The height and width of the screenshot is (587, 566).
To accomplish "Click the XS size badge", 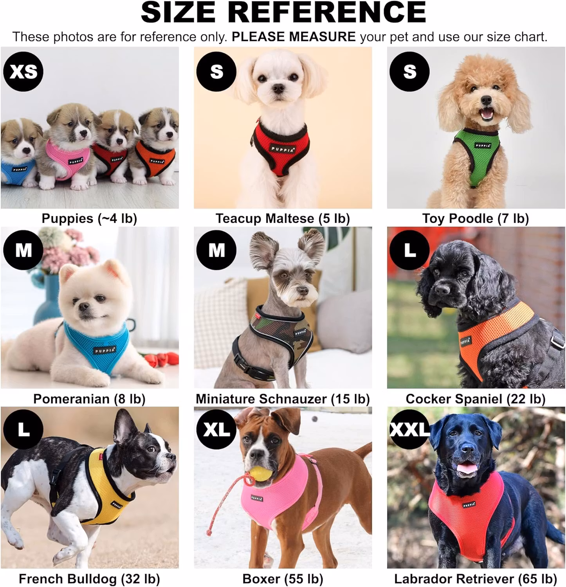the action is click(23, 72).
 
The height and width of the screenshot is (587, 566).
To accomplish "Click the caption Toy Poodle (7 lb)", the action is click(476, 218).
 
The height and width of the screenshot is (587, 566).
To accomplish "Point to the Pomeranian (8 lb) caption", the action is click(89, 399).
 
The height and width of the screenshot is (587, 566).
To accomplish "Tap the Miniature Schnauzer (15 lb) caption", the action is click(283, 399).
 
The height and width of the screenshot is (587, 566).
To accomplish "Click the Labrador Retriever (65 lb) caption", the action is click(476, 579).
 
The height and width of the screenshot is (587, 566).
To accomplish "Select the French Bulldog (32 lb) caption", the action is click(89, 579).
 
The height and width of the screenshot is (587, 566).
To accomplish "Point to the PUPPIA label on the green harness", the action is click(483, 146).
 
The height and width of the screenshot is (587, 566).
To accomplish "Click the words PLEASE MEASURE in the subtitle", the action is click(294, 37).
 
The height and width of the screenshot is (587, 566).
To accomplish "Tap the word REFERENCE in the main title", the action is click(327, 12).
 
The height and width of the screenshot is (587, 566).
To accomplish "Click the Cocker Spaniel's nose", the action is click(442, 290).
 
